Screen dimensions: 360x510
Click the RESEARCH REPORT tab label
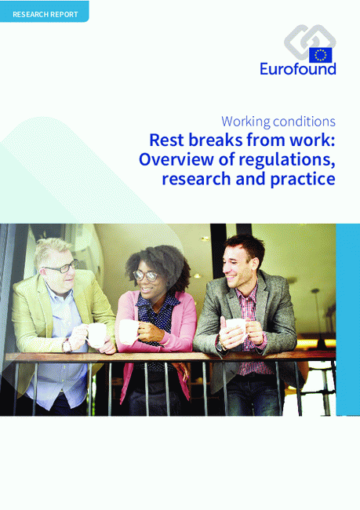click(x=45, y=14)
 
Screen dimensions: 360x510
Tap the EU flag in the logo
click(x=320, y=55)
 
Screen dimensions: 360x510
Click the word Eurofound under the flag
click(x=297, y=69)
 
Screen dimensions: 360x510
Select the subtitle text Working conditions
click(x=278, y=122)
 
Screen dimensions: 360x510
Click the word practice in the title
click(x=303, y=179)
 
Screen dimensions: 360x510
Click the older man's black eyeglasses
click(x=61, y=267)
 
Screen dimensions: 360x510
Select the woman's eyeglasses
click(x=146, y=275)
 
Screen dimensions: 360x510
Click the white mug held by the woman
click(x=128, y=331)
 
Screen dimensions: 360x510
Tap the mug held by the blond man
click(x=96, y=335)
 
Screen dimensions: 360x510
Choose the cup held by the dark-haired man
click(x=236, y=329)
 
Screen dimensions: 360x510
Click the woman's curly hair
click(x=159, y=262)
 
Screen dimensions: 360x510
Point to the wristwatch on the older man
click(x=67, y=345)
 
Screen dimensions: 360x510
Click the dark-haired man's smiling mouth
click(x=231, y=277)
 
